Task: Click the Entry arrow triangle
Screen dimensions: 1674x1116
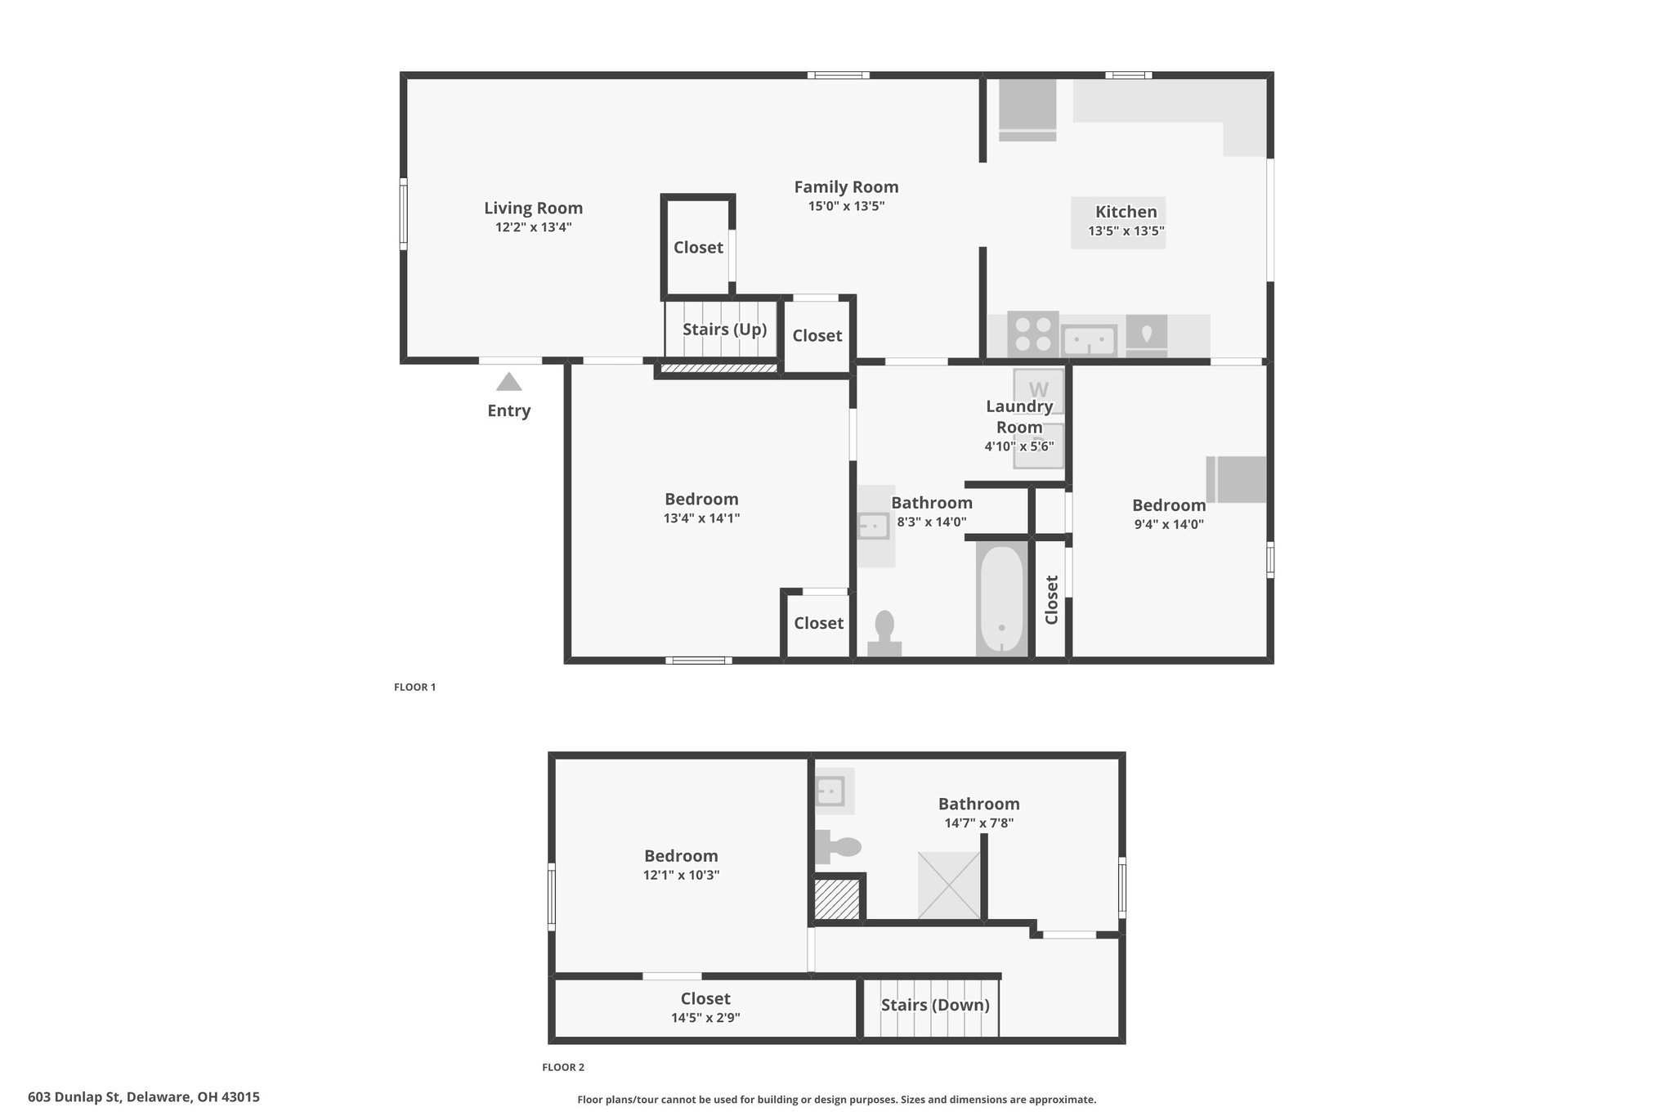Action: point(508,382)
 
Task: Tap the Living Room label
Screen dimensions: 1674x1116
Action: point(533,208)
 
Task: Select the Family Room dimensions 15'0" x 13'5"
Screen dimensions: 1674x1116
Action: point(846,206)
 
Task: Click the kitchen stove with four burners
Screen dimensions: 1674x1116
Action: point(1033,334)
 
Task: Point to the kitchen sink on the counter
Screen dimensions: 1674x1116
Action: point(1090,340)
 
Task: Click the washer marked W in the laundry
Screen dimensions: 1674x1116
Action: point(1039,390)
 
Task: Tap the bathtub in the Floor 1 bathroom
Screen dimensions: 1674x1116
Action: point(1001,599)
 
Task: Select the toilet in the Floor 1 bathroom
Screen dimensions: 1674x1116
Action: point(884,634)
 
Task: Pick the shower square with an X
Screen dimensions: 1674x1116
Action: point(949,885)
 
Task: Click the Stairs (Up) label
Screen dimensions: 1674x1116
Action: point(724,329)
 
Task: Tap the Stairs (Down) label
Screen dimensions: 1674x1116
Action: point(935,1005)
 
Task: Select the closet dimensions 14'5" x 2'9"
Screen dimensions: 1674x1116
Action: point(705,1018)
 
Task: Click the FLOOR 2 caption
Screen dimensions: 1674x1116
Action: point(563,1067)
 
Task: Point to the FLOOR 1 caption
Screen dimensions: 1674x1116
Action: point(415,687)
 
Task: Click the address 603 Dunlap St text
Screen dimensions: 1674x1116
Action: point(75,1097)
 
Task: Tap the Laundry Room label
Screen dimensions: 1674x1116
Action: point(1019,416)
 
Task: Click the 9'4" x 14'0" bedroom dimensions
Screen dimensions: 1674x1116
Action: point(1169,525)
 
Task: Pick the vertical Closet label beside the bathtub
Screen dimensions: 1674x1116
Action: point(1052,599)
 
